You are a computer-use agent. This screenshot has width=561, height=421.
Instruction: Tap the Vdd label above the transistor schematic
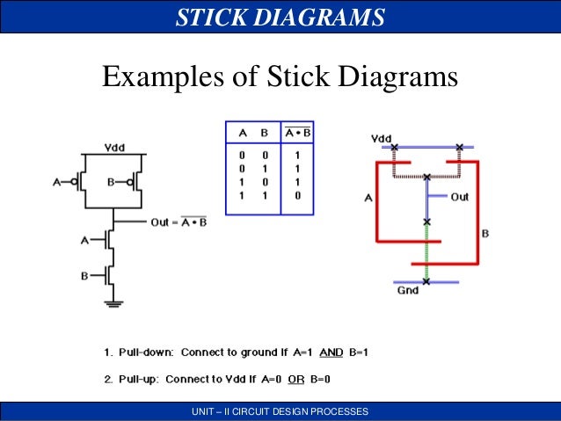click(x=114, y=146)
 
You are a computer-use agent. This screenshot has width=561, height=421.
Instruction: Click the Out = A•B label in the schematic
click(x=178, y=222)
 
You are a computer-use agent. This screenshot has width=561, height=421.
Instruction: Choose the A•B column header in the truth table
click(x=297, y=134)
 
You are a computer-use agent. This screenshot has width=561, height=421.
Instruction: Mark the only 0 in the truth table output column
click(x=297, y=195)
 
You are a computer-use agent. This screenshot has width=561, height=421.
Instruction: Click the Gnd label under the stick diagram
click(x=406, y=291)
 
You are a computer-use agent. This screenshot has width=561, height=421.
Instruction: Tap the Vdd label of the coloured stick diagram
click(x=382, y=138)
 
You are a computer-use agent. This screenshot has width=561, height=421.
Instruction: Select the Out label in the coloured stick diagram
click(x=459, y=197)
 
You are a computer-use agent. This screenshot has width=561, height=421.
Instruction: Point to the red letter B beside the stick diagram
click(x=484, y=234)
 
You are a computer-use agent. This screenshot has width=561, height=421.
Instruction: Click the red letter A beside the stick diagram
click(x=368, y=198)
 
